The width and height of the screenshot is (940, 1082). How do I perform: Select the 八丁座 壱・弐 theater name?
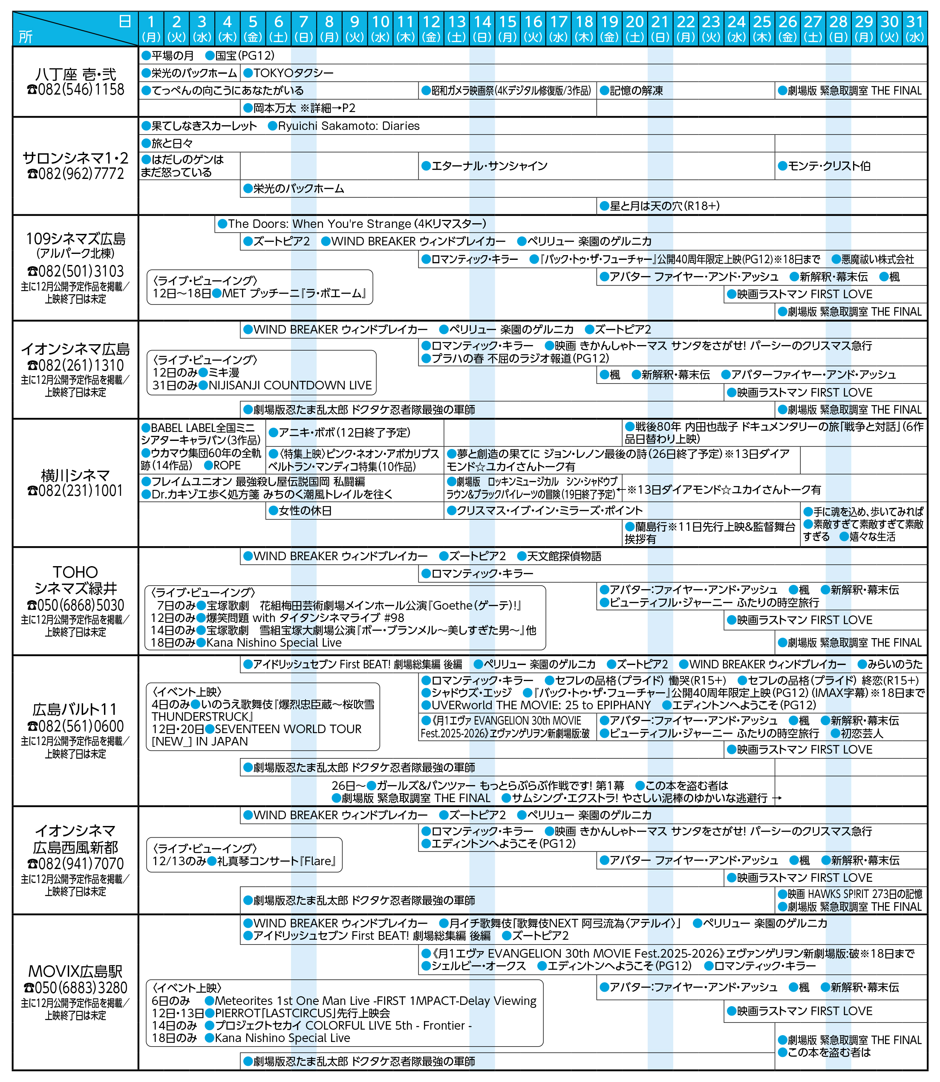coord(75,74)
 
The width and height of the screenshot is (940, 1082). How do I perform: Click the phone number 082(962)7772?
coord(75,174)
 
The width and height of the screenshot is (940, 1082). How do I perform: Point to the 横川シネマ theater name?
coord(75,475)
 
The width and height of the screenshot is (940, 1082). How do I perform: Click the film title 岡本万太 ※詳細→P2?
coord(304,108)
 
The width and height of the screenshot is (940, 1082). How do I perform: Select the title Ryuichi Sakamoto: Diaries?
coord(348,126)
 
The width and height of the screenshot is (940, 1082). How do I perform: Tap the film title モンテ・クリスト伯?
coord(829,166)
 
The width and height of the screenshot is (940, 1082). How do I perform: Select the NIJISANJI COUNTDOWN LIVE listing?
coord(290,385)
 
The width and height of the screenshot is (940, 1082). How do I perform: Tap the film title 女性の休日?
coord(305,510)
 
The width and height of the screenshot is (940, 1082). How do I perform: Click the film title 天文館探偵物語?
coord(564,556)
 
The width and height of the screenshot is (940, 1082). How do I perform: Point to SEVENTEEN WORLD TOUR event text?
coord(288,728)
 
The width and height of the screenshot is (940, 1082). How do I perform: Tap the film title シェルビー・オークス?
coord(478,966)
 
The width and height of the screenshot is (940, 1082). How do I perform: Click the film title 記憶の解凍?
coord(636,91)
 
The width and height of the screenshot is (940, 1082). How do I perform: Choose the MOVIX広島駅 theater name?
coord(75,971)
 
